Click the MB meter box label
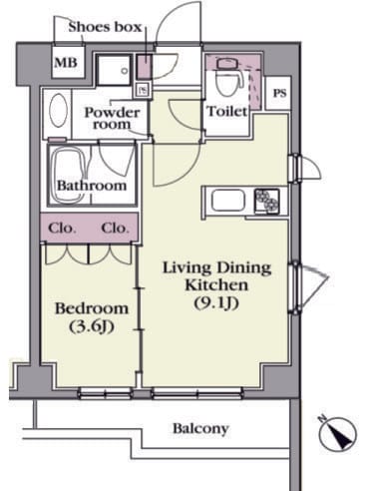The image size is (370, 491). click(66, 63)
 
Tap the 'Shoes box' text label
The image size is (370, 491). click(105, 27)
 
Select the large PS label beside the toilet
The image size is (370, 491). click(279, 93)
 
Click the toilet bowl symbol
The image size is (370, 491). click(228, 78)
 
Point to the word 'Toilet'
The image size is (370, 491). click(227, 111)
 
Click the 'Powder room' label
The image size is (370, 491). click(112, 118)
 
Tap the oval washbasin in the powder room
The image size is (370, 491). click(58, 110)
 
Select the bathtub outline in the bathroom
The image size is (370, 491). click(70, 175)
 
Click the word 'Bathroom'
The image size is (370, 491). click(92, 186)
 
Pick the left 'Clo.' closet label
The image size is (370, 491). click(62, 229)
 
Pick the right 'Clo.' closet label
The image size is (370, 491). click(115, 229)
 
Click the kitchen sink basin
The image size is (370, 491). click(228, 200)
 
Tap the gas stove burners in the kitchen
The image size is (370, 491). click(267, 201)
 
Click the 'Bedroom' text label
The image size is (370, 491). click(92, 308)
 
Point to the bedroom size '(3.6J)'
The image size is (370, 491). click(92, 326)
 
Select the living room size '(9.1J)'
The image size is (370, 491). click(216, 303)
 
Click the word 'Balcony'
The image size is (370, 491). click(200, 428)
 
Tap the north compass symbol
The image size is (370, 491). click(337, 432)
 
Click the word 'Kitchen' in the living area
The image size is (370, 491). click(216, 285)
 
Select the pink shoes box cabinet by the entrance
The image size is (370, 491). click(145, 66)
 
